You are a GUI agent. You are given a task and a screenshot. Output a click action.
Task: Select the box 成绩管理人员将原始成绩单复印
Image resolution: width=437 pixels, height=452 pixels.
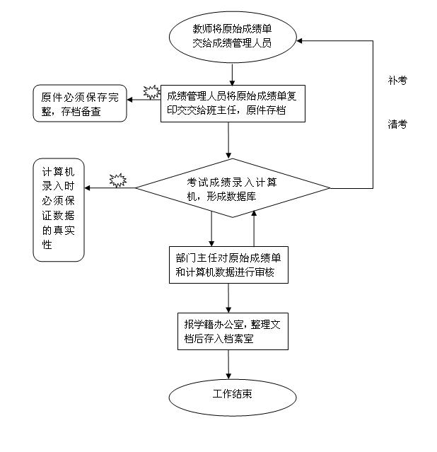(233, 104)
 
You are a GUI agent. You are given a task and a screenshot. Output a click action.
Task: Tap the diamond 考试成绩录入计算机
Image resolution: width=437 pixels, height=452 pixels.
(233, 188)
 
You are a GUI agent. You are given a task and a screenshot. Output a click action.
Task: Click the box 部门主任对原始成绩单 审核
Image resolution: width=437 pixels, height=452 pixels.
(229, 265)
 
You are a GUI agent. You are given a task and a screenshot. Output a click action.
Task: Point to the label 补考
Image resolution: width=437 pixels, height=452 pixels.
(397, 81)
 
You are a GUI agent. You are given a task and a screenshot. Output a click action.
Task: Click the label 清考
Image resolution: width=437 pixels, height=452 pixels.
(397, 124)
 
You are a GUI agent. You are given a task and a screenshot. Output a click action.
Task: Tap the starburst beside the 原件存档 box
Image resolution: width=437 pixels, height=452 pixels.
(152, 92)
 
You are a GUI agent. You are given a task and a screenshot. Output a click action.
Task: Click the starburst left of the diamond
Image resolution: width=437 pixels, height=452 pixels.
(117, 181)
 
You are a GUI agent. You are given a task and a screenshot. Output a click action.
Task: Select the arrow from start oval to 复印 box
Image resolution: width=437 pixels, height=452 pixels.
(233, 74)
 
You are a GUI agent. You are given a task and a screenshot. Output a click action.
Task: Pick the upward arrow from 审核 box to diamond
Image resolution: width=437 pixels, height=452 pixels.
(253, 227)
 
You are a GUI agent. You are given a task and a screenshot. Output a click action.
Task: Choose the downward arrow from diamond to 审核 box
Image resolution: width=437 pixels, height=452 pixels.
(211, 228)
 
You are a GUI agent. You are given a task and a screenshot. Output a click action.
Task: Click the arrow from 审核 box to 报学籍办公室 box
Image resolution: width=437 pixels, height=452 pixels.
(229, 298)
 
